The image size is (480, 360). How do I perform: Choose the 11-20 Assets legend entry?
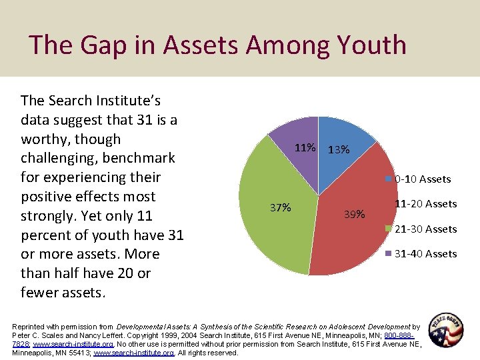[x=425, y=204]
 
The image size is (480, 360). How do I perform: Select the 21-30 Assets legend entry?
[x=425, y=229]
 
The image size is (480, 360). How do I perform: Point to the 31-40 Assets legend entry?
[x=425, y=254]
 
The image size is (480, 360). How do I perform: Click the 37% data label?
[x=281, y=207]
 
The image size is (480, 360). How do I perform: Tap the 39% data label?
[x=354, y=214]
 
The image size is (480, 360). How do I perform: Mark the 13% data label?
[x=339, y=149]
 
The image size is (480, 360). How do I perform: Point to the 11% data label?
[x=305, y=147]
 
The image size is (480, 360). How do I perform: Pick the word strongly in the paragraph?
[x=51, y=217]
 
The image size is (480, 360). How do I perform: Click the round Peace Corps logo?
[x=446, y=329]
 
